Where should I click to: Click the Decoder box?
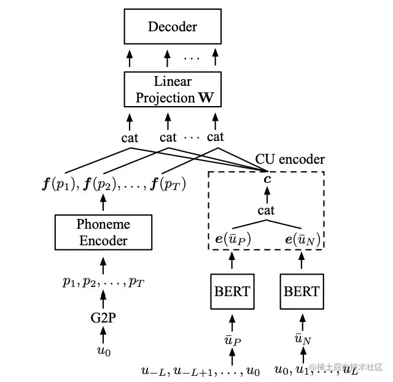pyautogui.click(x=173, y=26)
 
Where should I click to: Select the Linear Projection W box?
pyautogui.click(x=173, y=90)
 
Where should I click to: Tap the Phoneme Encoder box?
pyautogui.click(x=103, y=232)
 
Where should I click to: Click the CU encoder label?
pyautogui.click(x=290, y=159)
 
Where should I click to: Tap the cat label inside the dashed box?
pyautogui.click(x=267, y=211)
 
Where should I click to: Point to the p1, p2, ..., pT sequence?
pyautogui.click(x=103, y=282)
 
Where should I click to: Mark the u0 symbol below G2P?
pyautogui.click(x=103, y=352)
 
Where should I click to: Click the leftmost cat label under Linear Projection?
pyautogui.click(x=130, y=137)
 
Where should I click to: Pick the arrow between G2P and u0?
pyautogui.click(x=103, y=335)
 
